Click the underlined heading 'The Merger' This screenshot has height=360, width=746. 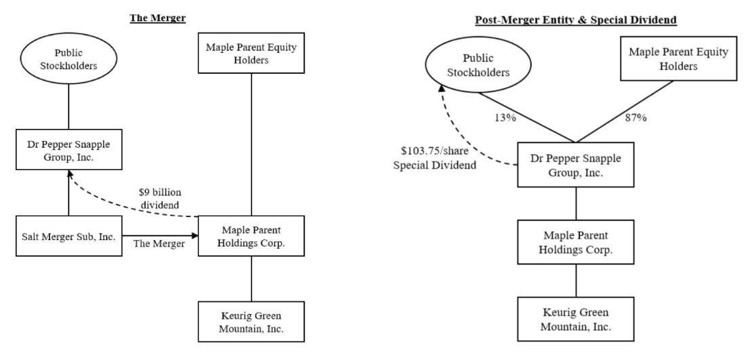[x=158, y=18]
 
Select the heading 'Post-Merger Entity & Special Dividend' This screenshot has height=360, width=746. [x=576, y=20]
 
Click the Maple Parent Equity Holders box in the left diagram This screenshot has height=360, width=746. [x=251, y=53]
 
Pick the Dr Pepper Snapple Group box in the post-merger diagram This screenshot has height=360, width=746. [x=576, y=164]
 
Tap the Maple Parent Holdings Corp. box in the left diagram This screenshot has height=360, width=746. [x=251, y=235]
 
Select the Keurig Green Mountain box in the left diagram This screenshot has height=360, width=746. [x=251, y=321]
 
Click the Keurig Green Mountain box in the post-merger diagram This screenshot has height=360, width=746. [x=576, y=319]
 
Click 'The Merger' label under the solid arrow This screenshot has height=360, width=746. [x=159, y=244]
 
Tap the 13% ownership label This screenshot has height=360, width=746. [x=505, y=118]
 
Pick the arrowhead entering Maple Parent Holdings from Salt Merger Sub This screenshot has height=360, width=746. [x=195, y=235]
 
